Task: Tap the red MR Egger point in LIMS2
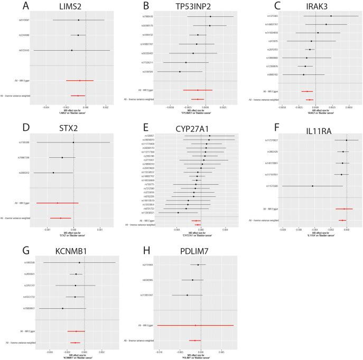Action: click(80, 81)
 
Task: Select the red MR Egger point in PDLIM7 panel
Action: click(196, 325)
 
